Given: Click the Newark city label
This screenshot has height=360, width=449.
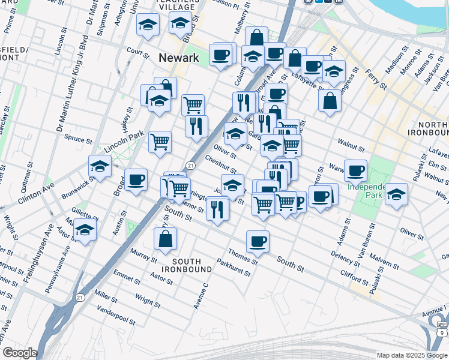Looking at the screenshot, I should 178,58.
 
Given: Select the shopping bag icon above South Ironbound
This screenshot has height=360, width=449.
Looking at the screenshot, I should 165,238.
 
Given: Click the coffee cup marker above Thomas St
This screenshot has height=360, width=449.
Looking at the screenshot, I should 258,241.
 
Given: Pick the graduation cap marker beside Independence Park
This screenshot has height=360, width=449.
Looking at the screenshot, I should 396,194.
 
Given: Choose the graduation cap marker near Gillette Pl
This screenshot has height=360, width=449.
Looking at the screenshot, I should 85,229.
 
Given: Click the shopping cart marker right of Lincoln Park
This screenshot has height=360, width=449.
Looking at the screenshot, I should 160,142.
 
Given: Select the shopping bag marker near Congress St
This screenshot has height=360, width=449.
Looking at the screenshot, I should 330,100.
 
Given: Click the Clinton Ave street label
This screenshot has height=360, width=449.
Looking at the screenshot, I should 35,193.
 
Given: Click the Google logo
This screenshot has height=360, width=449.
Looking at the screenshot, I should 20,353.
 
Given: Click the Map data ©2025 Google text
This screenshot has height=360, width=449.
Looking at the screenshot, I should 411,355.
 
